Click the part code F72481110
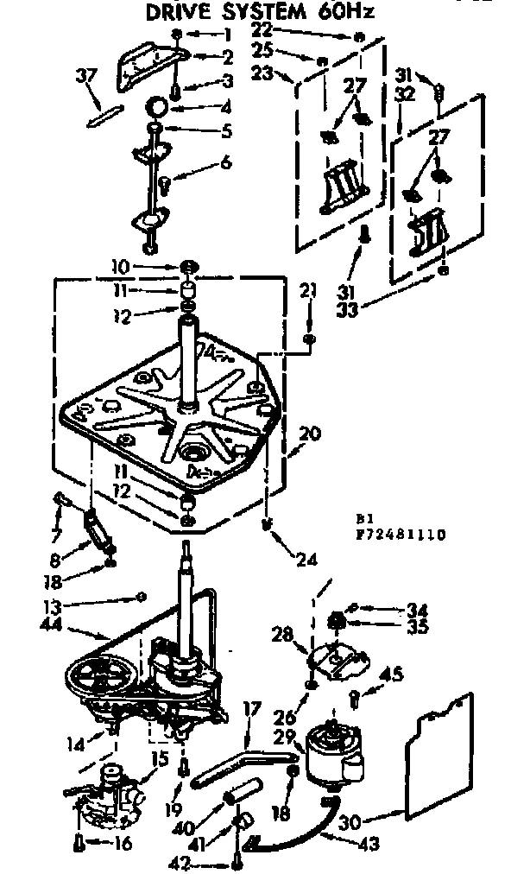click(399, 535)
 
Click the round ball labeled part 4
click(155, 107)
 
